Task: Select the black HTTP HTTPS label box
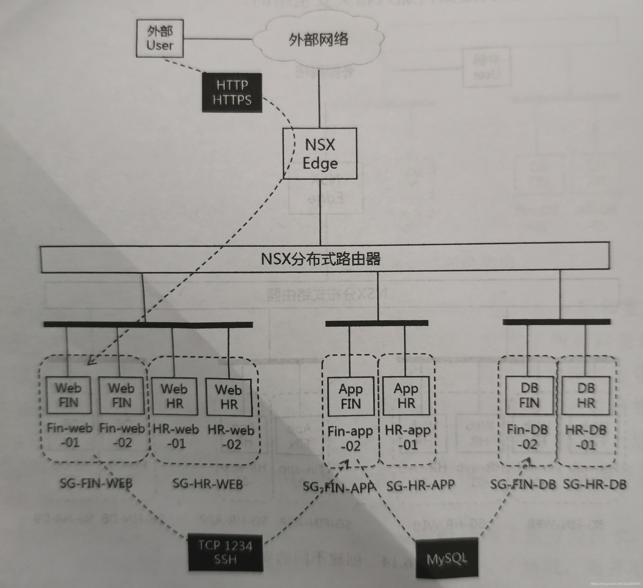click(232, 93)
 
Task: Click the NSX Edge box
click(320, 153)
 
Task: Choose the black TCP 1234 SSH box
click(225, 552)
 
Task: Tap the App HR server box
click(406, 396)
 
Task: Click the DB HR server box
click(586, 395)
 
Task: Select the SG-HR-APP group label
click(420, 485)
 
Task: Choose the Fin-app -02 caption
click(350, 438)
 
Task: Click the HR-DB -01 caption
click(586, 437)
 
